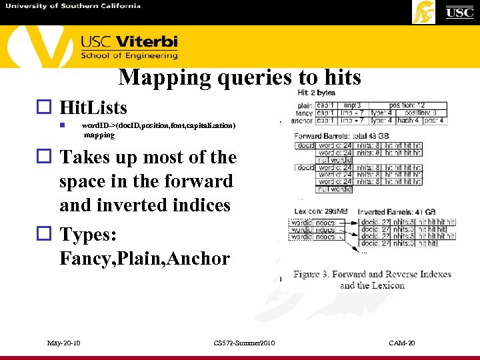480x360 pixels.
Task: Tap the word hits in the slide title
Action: (339, 78)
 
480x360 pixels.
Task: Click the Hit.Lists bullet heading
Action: (93, 108)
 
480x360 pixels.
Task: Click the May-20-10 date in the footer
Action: (64, 343)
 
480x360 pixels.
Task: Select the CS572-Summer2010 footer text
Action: (244, 343)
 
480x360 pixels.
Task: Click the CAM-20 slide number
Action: (402, 343)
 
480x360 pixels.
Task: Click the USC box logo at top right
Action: (459, 12)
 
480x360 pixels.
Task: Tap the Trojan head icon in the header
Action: (423, 12)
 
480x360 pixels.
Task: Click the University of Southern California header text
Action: (73, 6)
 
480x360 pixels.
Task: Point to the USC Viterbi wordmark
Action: (129, 42)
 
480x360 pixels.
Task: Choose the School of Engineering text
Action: (129, 56)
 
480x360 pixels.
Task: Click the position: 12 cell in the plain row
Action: (412, 105)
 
